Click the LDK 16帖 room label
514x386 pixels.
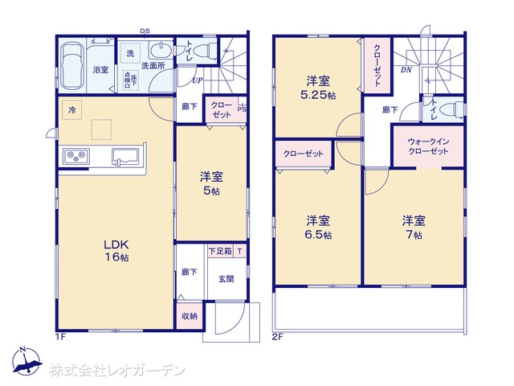pos(115,249)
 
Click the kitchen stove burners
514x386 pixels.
pos(74,156)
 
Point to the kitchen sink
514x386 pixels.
pos(127,156)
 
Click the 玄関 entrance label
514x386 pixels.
pos(226,279)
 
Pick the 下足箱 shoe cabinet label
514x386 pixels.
pos(219,252)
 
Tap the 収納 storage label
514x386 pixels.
pos(189,316)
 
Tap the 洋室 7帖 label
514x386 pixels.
pos(414,226)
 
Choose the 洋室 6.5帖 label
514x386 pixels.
pos(317,226)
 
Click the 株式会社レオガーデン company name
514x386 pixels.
pos(117,371)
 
